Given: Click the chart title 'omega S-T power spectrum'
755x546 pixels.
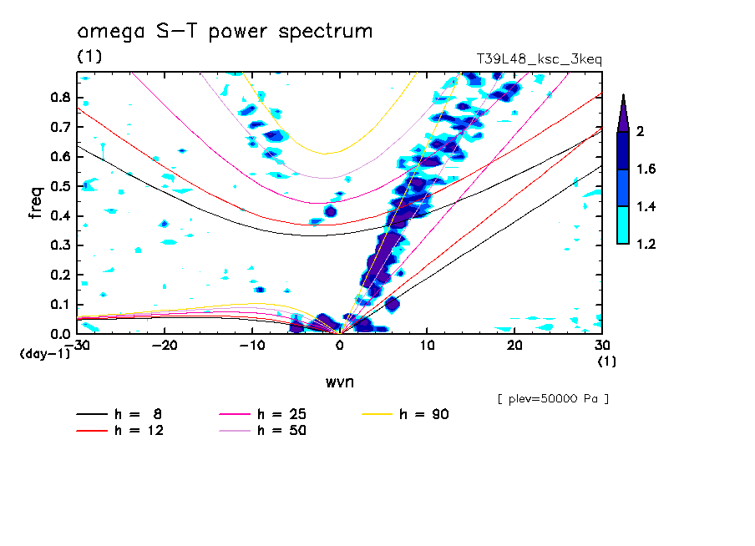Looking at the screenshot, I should [x=225, y=33].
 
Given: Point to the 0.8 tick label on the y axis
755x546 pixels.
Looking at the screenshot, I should [x=59, y=97].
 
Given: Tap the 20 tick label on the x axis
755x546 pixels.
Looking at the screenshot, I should [x=514, y=346].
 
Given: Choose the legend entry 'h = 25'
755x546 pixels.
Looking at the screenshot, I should [x=281, y=414].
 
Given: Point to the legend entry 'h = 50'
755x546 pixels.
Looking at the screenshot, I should [x=281, y=431].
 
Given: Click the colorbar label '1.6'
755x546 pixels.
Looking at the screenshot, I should [x=646, y=169].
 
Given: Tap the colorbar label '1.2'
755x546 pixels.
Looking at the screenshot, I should [x=646, y=245].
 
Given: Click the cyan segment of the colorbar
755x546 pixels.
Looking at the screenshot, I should [x=623, y=225].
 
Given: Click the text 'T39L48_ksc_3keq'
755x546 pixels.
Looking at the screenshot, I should [x=539, y=59].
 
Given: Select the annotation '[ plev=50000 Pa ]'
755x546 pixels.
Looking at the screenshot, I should [x=553, y=399].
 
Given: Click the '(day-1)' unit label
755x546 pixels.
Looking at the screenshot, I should [x=44, y=354].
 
